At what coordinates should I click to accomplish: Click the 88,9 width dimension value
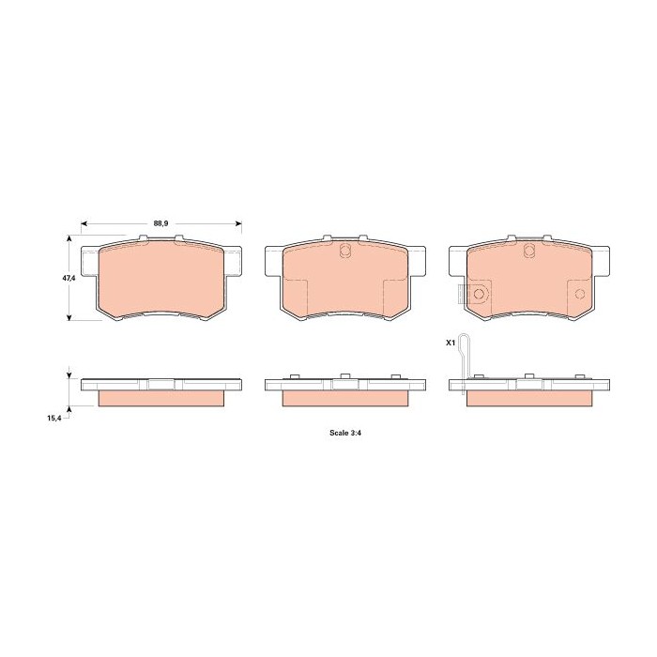(160, 223)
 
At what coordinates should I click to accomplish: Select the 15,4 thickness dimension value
(54, 418)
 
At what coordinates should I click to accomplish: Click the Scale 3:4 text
(345, 433)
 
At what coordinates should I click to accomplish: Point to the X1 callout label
(450, 343)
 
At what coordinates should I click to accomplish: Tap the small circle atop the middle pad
(344, 251)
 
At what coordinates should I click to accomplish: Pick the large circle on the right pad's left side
(479, 294)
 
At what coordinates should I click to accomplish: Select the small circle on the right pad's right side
(580, 294)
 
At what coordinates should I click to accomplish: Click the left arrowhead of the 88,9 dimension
(84, 223)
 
